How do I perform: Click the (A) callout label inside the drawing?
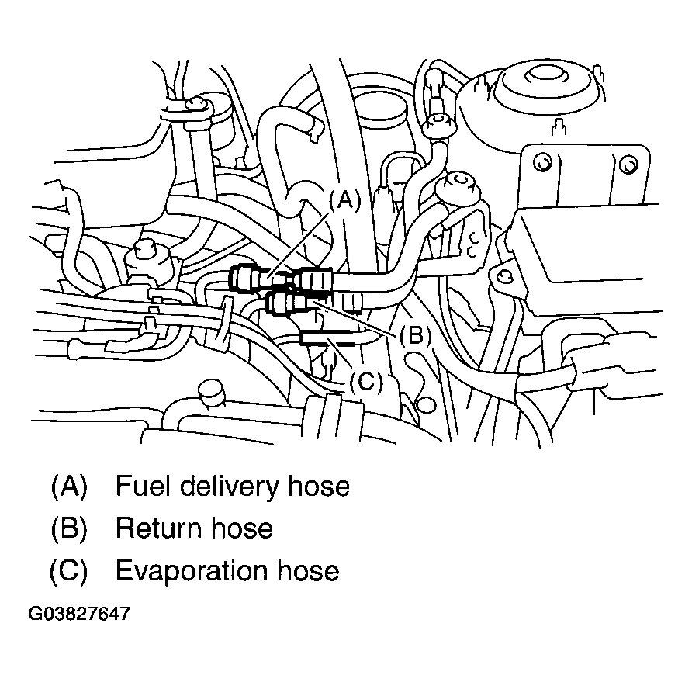click(x=345, y=201)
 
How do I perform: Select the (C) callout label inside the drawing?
click(x=365, y=381)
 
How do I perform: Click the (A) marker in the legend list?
click(x=69, y=487)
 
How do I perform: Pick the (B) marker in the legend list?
click(x=69, y=528)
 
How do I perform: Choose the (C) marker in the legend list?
click(x=68, y=570)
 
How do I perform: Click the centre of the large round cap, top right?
click(x=536, y=77)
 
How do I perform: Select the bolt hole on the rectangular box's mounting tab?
click(x=504, y=275)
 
